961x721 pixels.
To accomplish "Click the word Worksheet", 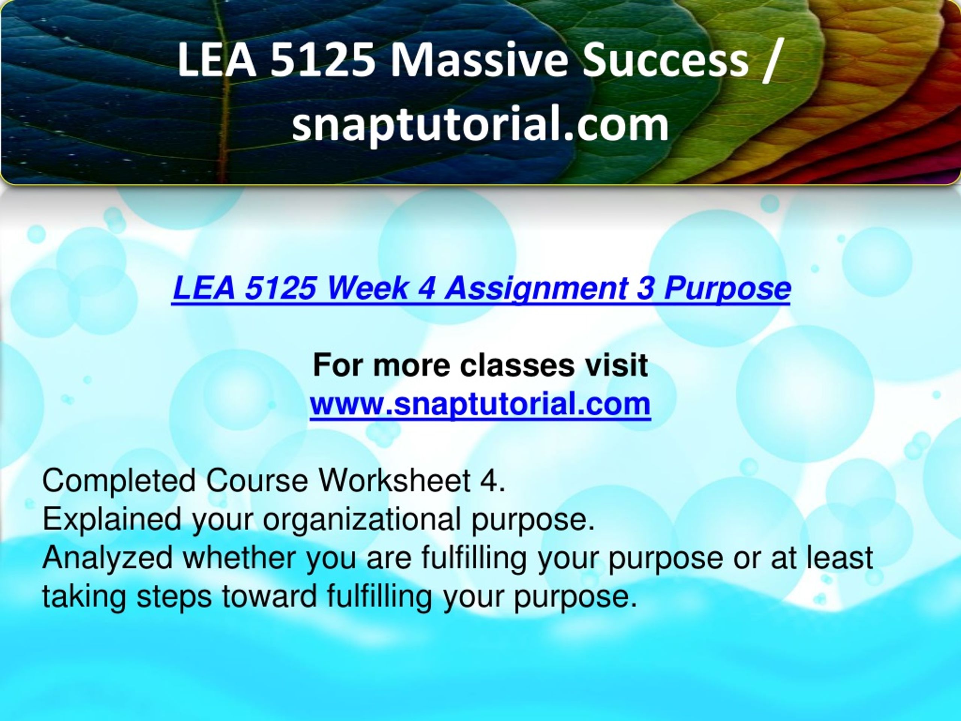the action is pyautogui.click(x=395, y=481).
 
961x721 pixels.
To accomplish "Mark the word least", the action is pyautogui.click(x=840, y=558).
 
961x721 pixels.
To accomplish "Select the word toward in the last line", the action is pyautogui.click(x=270, y=597).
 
